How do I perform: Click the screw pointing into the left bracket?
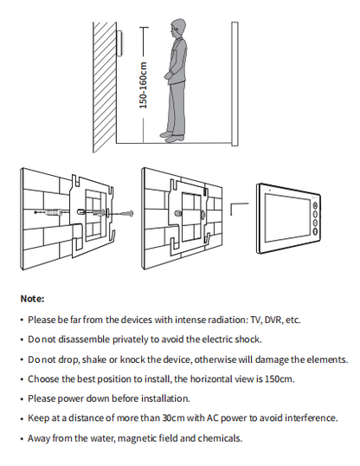(124, 213)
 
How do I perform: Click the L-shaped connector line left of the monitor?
(239, 210)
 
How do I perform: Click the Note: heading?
(32, 299)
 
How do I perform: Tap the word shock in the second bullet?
(247, 340)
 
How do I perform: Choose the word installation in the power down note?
(161, 398)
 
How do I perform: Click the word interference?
(309, 418)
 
